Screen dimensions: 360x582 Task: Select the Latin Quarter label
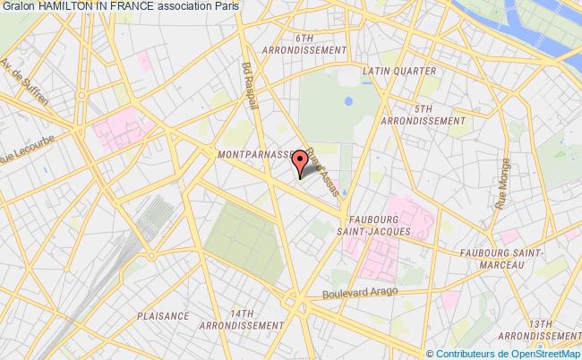[400, 71]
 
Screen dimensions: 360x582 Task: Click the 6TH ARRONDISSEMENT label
[304, 45]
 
